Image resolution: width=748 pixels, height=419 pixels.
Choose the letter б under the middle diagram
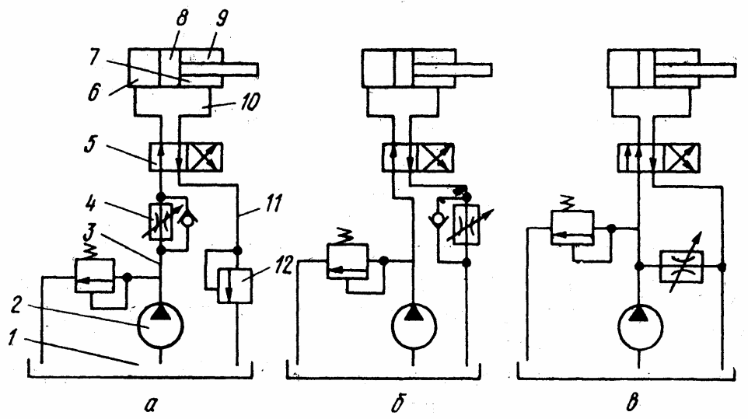coord(407,403)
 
